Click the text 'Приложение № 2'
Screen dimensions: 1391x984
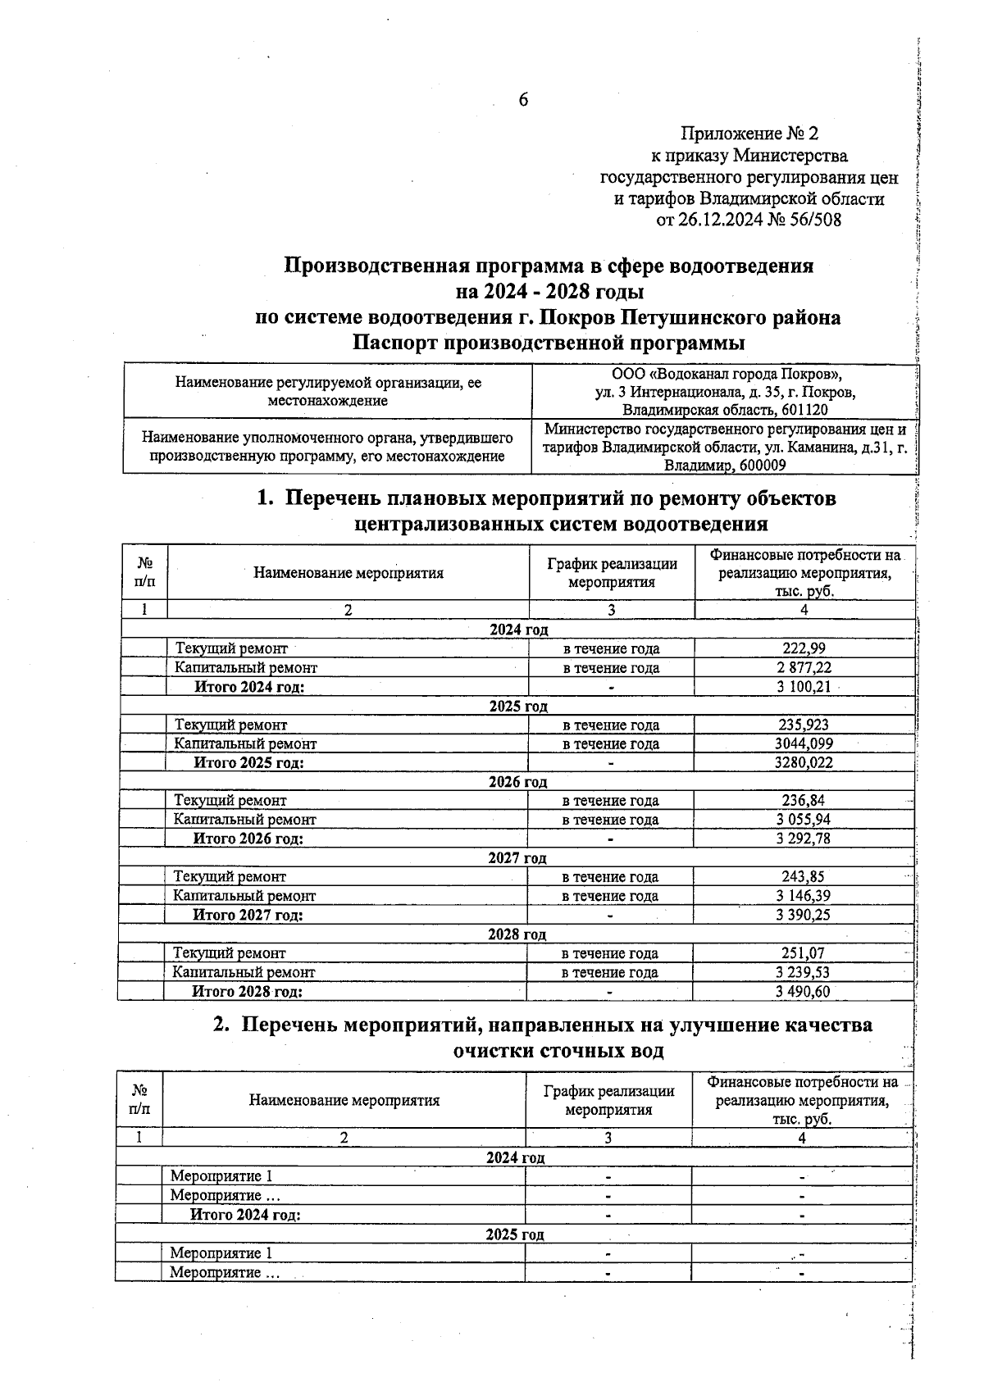click(749, 133)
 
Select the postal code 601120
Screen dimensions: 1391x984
click(804, 410)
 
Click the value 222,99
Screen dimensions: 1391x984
click(804, 648)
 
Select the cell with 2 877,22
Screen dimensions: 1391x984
click(804, 667)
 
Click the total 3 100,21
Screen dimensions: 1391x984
click(804, 686)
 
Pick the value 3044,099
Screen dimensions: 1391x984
click(804, 743)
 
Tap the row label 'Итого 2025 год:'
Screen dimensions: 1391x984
click(248, 762)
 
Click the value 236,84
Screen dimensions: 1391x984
click(803, 800)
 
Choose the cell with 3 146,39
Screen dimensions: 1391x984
click(803, 895)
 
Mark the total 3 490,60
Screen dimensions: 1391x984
click(803, 991)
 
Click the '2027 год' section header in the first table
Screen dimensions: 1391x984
click(517, 857)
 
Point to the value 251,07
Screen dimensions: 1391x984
click(803, 952)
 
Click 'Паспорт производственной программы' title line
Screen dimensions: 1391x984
click(549, 342)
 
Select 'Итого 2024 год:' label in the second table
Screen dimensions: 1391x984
click(245, 1214)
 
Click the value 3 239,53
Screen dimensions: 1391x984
click(803, 971)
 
